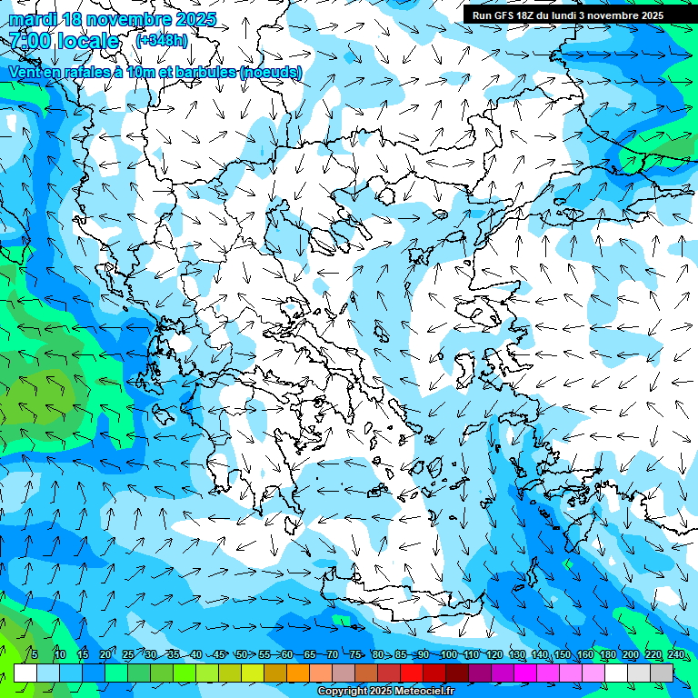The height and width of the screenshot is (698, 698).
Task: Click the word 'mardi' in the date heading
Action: tap(30, 19)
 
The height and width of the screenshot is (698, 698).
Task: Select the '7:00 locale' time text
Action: tap(64, 41)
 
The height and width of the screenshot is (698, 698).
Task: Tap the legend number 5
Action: tap(34, 655)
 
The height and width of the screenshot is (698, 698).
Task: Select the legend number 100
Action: tap(448, 655)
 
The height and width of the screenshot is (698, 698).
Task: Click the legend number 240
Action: tap(676, 655)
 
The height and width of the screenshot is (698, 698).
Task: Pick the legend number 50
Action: tap(242, 655)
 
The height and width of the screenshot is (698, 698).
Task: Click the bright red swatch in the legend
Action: tap(412, 673)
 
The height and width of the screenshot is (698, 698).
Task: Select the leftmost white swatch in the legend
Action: tap(25, 673)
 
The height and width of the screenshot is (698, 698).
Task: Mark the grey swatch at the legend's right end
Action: tap(662, 673)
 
